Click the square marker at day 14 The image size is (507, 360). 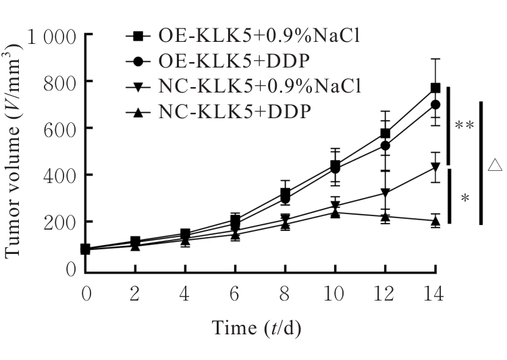point(436,88)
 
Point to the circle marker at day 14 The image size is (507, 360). point(436,105)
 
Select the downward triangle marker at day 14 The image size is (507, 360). point(436,167)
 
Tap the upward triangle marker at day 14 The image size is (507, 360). point(436,221)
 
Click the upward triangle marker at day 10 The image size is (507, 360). point(334,212)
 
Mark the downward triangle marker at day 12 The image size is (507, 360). point(385,193)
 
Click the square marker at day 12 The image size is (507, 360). point(385,133)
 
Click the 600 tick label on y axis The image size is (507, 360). point(61,128)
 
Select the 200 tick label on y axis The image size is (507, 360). point(61,222)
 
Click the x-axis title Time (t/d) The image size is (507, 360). point(257,329)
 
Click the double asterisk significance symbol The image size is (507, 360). point(464,126)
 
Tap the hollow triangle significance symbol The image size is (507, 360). point(495,163)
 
